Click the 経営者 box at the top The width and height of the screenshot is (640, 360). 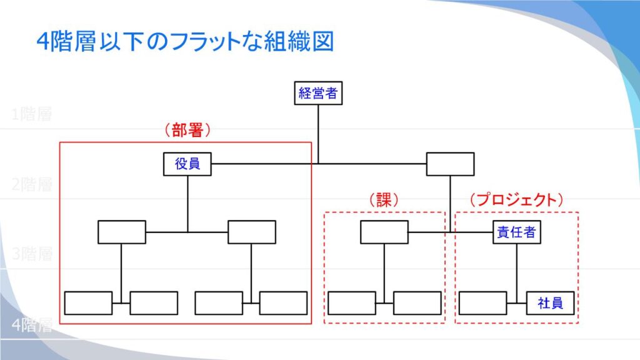tap(318, 94)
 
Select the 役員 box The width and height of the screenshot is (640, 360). tap(187, 164)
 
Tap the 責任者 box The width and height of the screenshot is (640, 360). tap(516, 232)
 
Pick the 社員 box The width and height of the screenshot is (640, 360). tap(550, 303)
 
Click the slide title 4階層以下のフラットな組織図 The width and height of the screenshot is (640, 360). tap(185, 42)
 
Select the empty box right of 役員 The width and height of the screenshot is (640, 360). tap(450, 164)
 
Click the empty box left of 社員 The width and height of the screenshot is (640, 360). tap(482, 303)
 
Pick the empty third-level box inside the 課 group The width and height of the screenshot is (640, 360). tap(384, 232)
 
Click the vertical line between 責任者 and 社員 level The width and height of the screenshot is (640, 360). tap(517, 269)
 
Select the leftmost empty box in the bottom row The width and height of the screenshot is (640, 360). tap(89, 303)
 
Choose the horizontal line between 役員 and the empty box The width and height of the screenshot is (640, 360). tap(262, 164)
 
